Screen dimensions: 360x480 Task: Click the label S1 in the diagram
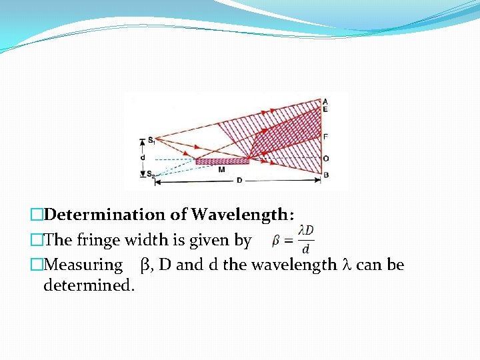151,140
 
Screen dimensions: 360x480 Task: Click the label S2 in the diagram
151,175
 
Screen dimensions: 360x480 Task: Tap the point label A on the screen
325,101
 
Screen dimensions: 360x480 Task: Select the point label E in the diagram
325,108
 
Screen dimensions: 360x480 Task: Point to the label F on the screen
325,136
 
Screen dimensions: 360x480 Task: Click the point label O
325,158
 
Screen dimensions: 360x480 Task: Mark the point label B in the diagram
325,175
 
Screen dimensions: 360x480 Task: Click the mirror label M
221,169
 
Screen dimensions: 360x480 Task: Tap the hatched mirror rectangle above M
222,161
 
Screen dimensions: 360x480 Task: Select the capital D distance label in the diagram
239,181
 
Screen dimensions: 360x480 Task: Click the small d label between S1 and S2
142,157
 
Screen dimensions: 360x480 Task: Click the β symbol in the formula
275,240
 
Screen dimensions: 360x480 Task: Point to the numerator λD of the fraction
306,230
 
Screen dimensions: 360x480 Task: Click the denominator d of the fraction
305,249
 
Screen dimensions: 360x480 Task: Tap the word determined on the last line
89,286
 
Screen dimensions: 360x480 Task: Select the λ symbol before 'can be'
346,265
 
